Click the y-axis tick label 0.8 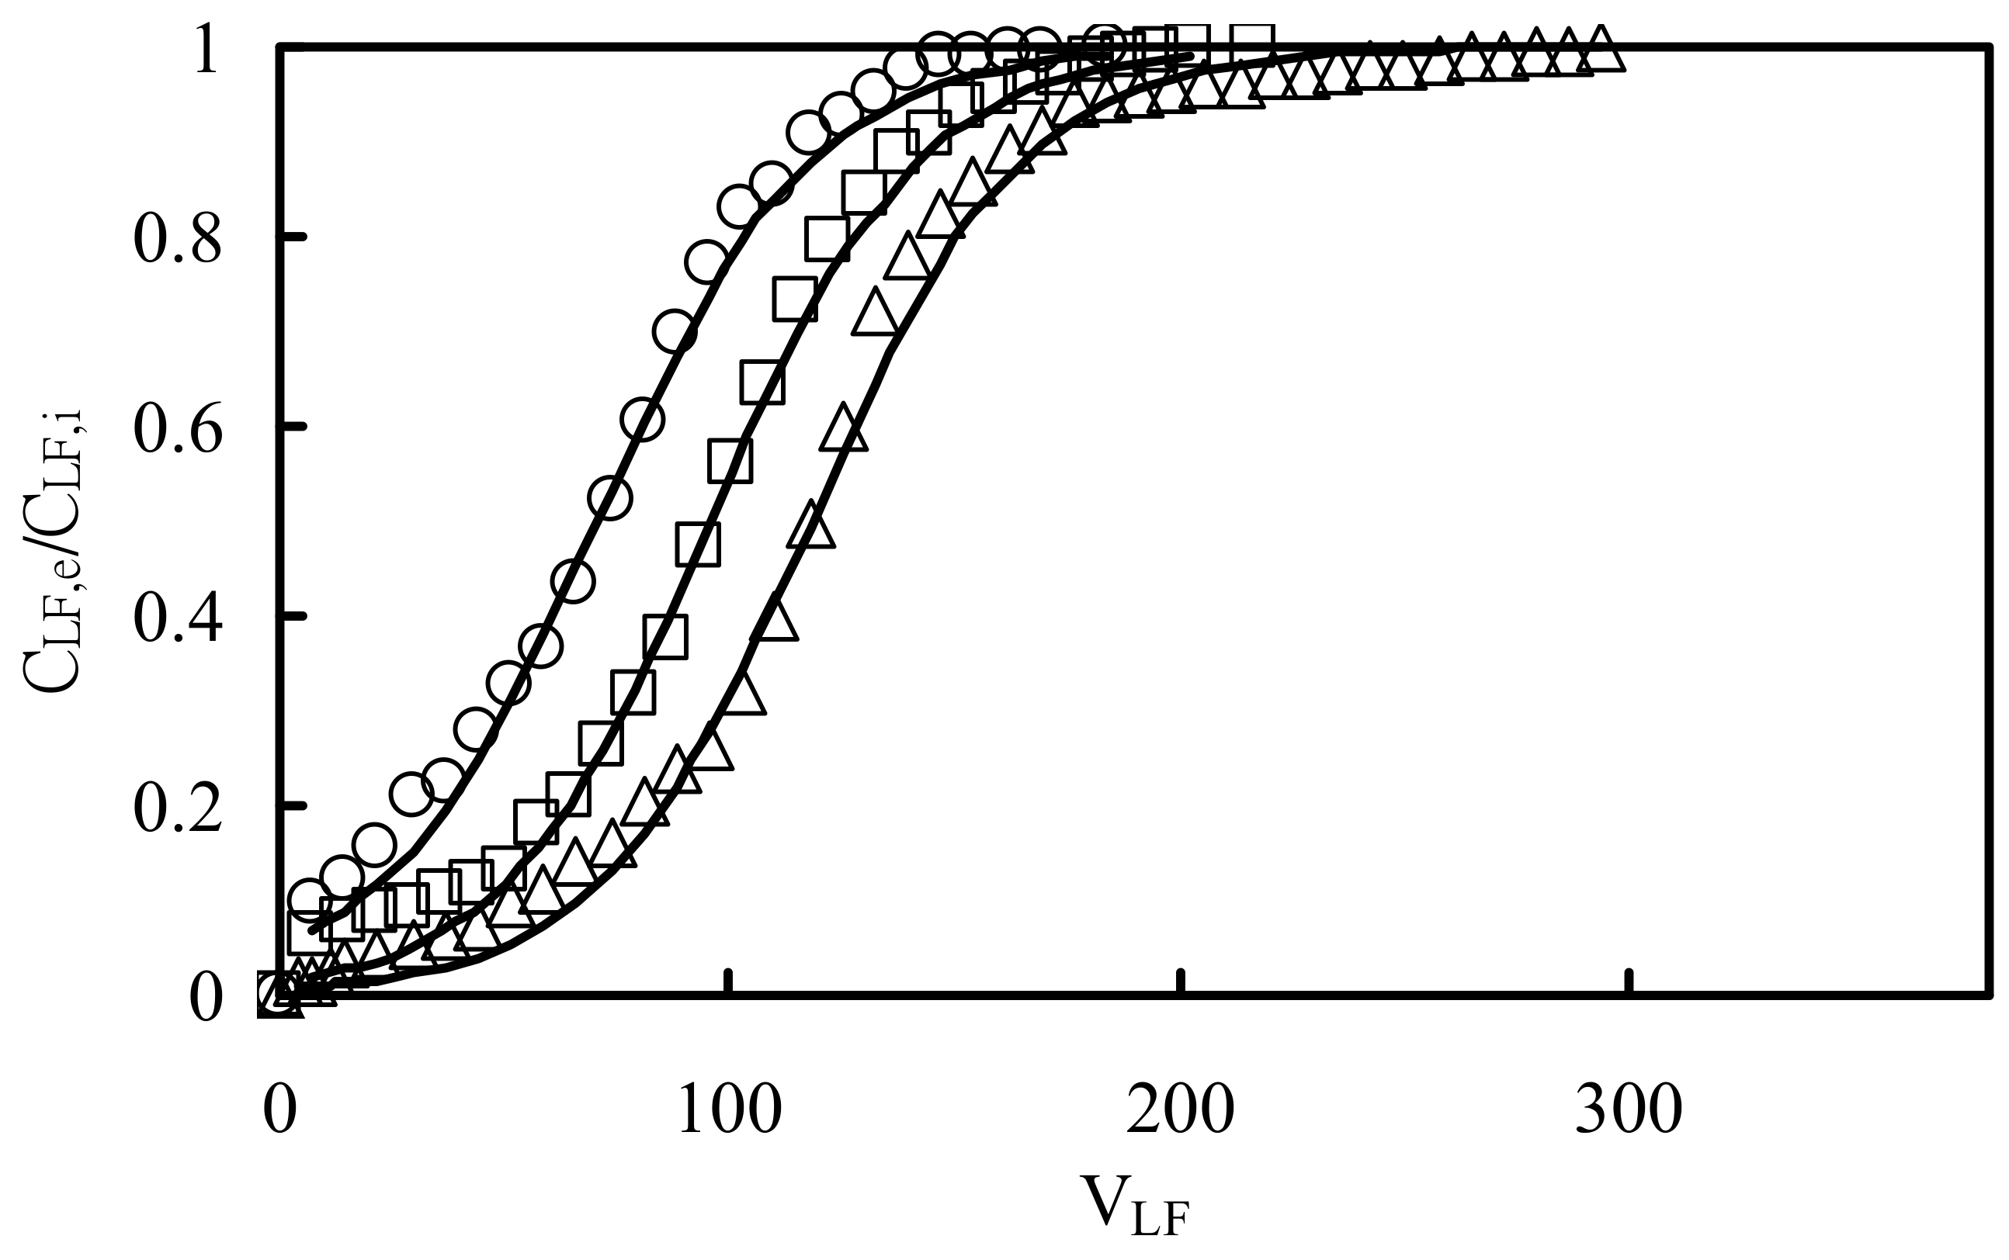click(x=177, y=239)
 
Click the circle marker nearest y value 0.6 click(x=642, y=419)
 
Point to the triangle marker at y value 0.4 click(x=775, y=618)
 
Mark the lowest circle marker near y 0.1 click(x=309, y=898)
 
